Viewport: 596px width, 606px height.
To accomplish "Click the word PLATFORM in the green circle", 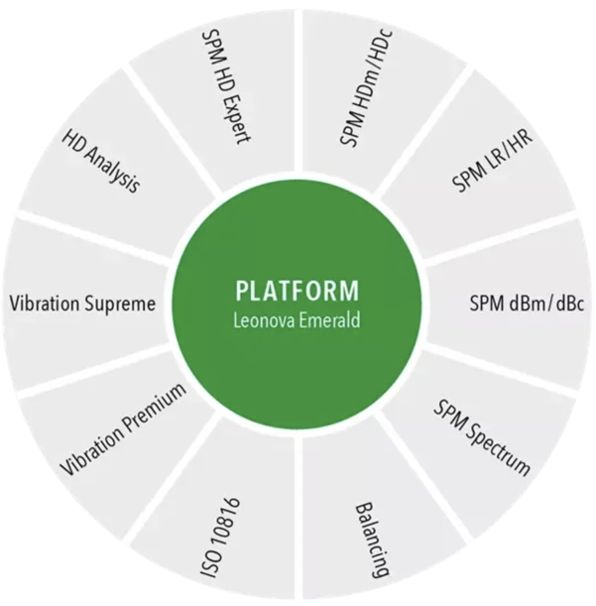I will click(x=297, y=291).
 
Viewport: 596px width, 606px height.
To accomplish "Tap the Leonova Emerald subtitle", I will click(x=297, y=320).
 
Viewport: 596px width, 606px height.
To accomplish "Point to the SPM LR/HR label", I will click(x=492, y=161).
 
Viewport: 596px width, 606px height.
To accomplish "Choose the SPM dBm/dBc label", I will click(x=527, y=303).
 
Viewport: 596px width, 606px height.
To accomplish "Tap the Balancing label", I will click(x=372, y=539).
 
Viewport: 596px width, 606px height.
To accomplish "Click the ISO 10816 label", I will click(x=220, y=538).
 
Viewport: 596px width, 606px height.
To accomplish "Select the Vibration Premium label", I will click(x=123, y=429).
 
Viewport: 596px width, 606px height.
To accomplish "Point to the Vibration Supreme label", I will click(x=83, y=303).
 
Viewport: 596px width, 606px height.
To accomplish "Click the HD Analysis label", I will click(x=100, y=161).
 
